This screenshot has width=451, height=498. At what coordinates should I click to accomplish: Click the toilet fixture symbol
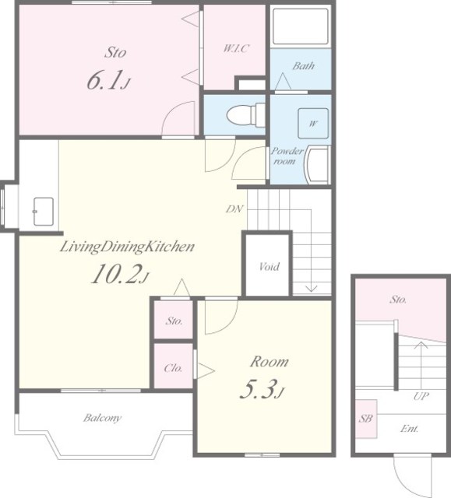pos(245,114)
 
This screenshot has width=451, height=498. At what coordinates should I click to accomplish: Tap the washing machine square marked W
pos(313,123)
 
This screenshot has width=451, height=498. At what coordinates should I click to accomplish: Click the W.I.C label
pos(236,48)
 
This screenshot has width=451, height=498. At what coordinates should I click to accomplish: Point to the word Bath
pos(304,66)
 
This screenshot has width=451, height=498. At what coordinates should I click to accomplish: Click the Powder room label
pos(287,156)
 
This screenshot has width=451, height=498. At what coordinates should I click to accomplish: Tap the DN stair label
pos(234,209)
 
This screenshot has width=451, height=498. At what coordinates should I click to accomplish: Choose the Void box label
pos(270,266)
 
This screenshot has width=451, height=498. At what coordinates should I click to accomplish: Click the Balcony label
pos(102,418)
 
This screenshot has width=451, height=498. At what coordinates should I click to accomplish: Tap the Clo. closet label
pos(174,368)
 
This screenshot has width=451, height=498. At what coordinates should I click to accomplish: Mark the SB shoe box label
pos(365,419)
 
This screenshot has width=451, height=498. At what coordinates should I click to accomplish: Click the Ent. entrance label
pos(410,429)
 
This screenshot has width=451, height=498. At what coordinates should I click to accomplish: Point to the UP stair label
pos(421,396)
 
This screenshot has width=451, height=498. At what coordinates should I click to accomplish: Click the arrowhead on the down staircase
pos(311,289)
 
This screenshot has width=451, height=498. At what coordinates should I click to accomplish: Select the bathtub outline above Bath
pos(301,26)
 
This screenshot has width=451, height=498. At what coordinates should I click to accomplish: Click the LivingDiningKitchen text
pos(127,247)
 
